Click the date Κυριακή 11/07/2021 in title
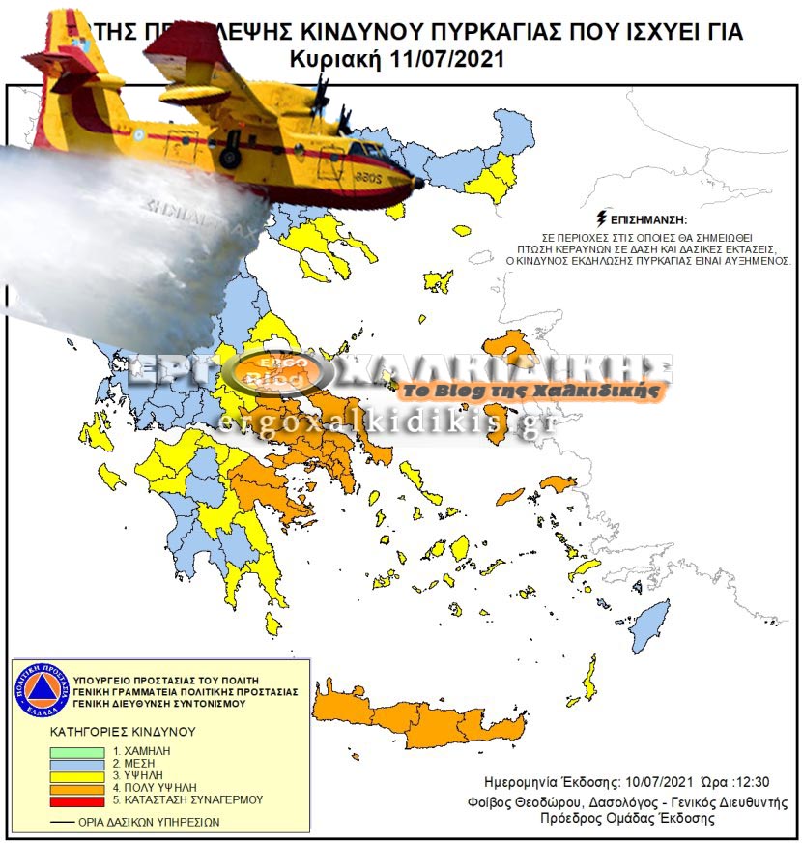(x=396, y=59)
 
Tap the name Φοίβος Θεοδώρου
(x=539, y=802)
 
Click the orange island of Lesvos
(x=506, y=346)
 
